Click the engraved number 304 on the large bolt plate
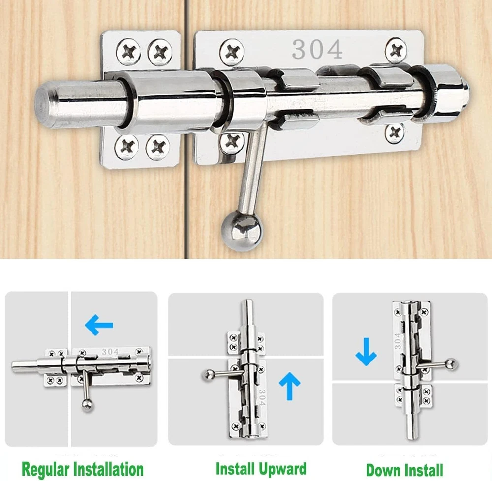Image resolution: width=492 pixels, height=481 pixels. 317,50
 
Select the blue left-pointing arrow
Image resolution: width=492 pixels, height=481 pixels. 99,325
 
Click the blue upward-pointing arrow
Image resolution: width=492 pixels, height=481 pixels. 290,386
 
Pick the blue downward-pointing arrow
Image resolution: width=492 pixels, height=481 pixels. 366,352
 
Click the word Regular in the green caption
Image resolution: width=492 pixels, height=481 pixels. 45,470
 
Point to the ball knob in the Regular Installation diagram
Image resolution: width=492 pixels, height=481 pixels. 87,405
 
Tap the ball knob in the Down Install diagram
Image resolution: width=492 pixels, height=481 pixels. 451,364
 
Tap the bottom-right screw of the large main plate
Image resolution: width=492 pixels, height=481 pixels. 395,133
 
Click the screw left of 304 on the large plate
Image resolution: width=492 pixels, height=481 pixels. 232,52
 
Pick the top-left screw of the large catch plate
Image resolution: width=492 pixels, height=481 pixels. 128,52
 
